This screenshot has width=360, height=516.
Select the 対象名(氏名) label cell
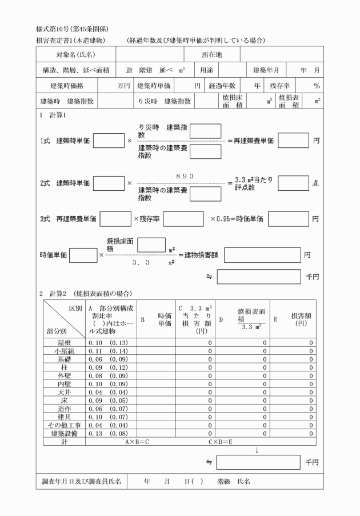click(x=75, y=54)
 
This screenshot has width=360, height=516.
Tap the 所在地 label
click(x=211, y=54)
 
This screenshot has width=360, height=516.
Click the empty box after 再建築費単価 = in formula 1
click(x=293, y=140)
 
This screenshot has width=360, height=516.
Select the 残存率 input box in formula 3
click(x=183, y=219)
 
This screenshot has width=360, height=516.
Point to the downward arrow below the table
click(x=257, y=450)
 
